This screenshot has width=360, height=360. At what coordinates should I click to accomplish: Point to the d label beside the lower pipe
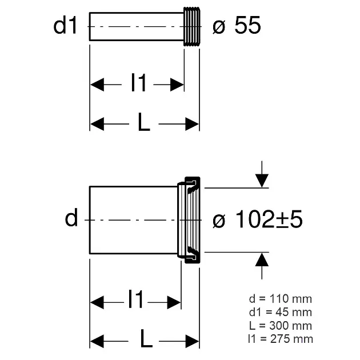(71, 218)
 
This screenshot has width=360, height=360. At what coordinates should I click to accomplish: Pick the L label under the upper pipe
(143, 123)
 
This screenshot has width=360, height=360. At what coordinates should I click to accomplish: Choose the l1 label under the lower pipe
(135, 299)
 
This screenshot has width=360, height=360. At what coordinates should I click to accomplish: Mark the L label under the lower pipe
(146, 341)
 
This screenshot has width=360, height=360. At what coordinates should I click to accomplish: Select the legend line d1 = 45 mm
(281, 312)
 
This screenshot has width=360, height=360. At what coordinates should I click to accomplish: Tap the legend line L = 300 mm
(281, 326)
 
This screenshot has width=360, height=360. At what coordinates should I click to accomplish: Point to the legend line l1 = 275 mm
(281, 339)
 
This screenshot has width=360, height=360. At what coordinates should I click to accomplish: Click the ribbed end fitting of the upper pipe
(191, 26)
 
